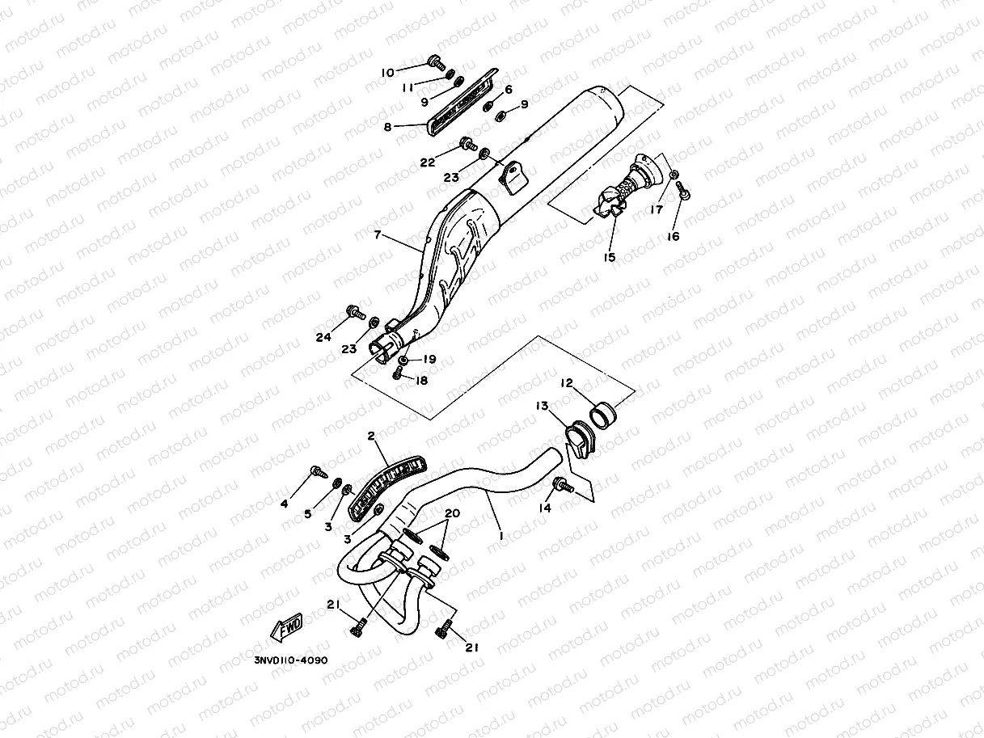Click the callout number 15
[609, 257]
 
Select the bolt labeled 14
[561, 485]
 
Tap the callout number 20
[452, 514]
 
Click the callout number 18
[421, 380]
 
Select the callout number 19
[429, 359]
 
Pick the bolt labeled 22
[467, 145]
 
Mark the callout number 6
[509, 90]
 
